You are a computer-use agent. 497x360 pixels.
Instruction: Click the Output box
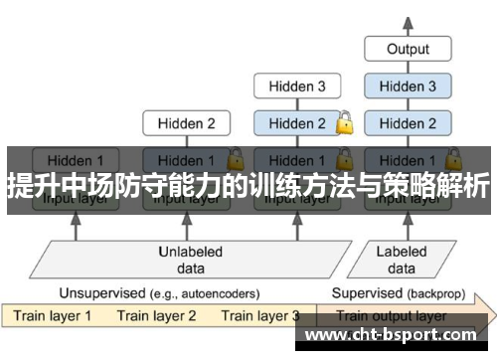(408, 49)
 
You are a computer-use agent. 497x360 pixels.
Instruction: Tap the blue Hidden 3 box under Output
(408, 87)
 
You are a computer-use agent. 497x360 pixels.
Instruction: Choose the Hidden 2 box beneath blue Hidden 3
(408, 124)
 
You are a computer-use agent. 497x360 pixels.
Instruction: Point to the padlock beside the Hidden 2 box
(344, 123)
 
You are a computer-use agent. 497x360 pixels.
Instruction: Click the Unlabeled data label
(191, 261)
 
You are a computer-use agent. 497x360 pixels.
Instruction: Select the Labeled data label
(402, 261)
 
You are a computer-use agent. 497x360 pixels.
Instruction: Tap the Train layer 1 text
(54, 316)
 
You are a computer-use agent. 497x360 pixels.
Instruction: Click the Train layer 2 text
(157, 316)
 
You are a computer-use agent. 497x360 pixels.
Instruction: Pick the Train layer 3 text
(260, 316)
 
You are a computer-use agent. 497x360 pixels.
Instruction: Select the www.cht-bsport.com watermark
(398, 338)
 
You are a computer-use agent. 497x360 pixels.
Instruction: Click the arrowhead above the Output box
(408, 20)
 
